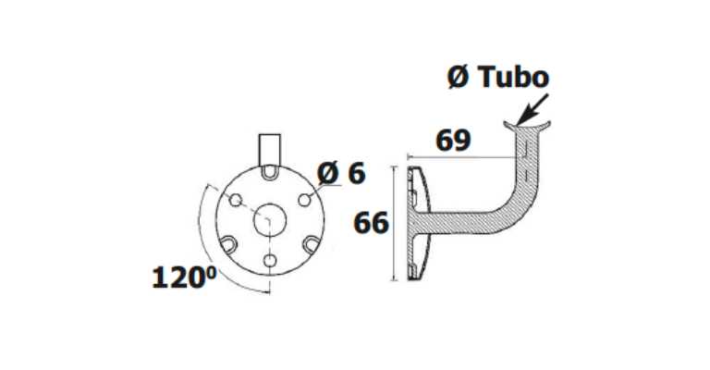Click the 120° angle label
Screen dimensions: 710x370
coord(184,277)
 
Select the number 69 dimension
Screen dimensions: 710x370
coord(453,141)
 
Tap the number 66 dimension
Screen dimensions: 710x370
coord(371,223)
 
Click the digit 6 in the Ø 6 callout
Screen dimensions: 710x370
coord(357,173)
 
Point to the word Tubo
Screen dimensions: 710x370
coord(513,77)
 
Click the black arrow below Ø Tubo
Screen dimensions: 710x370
coord(532,109)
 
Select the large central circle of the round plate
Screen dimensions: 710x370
coord(270,220)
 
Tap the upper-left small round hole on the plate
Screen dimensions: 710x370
coord(236,199)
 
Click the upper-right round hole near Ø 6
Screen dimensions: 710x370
coord(305,199)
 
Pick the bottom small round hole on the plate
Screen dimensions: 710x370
coord(270,261)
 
